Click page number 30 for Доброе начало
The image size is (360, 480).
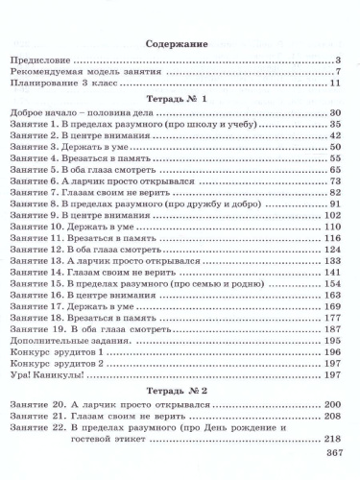[x=336, y=113]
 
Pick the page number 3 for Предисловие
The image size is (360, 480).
[x=339, y=62]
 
